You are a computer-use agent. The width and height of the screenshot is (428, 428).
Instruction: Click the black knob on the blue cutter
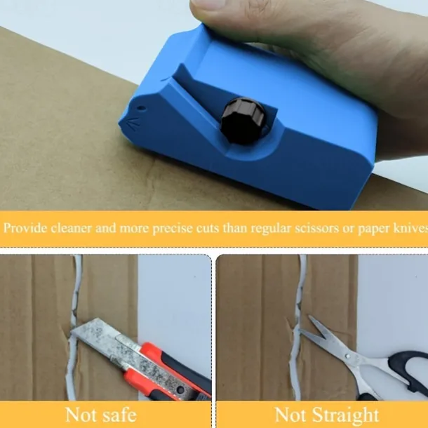coord(242,121)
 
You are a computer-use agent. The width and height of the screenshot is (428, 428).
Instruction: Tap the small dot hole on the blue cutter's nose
coord(141,108)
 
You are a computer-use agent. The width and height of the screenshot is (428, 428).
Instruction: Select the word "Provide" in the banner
coord(25,228)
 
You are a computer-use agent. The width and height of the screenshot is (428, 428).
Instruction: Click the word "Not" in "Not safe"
coord(77,415)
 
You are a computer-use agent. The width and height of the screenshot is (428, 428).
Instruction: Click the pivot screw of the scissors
coord(348,356)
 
